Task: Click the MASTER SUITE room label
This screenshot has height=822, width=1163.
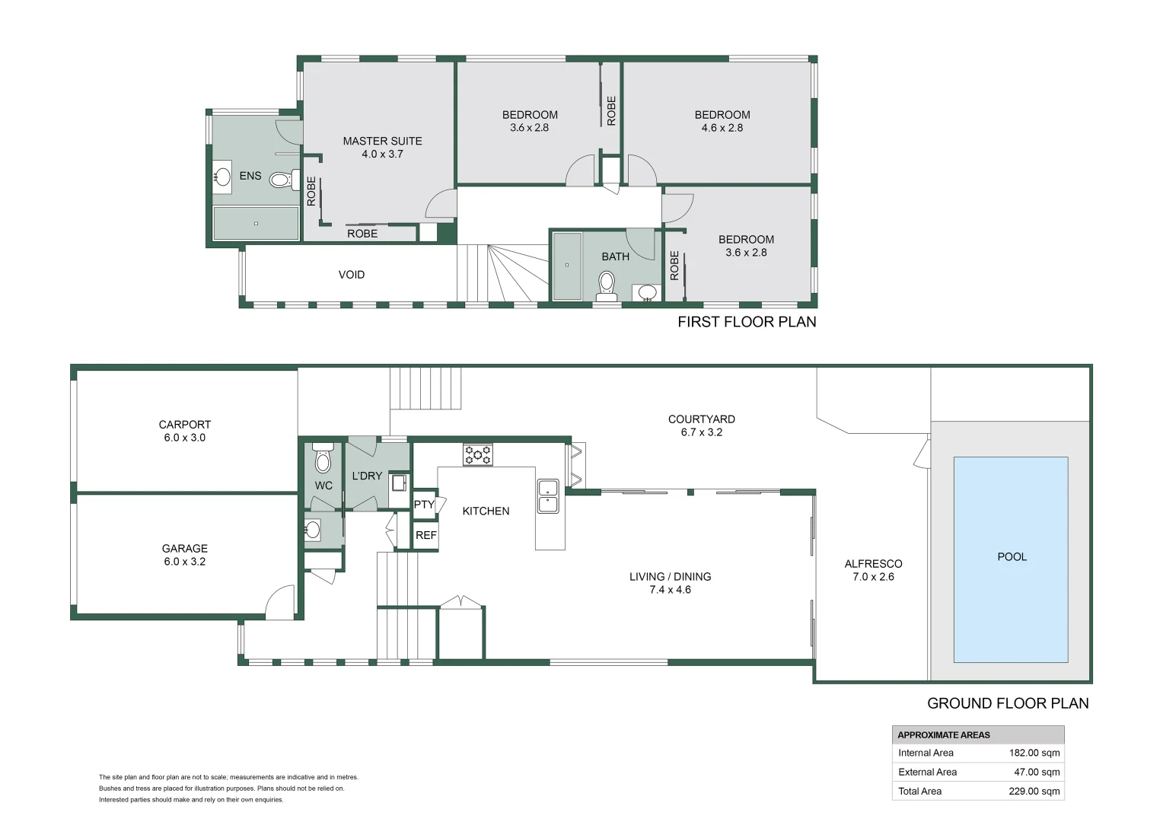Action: [x=382, y=141]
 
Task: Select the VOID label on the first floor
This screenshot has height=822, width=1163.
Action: [x=352, y=275]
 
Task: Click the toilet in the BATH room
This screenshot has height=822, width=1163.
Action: [x=607, y=286]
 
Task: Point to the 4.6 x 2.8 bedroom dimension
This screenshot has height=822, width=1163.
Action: [x=722, y=128]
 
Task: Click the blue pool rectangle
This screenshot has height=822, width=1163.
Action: [x=1011, y=559]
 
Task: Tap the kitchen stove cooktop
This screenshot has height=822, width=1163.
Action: [x=478, y=454]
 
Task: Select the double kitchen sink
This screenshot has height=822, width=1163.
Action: [x=548, y=496]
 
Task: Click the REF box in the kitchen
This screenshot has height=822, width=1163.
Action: [x=425, y=535]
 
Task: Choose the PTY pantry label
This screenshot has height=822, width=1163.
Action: [x=424, y=504]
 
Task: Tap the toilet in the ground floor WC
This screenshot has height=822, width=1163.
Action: [x=323, y=457]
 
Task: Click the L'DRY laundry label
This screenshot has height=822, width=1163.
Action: [x=367, y=476]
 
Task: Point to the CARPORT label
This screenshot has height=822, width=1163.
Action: [x=185, y=424]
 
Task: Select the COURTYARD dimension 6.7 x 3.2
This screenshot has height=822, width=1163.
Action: [x=702, y=432]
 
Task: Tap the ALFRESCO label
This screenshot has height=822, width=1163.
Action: [x=873, y=563]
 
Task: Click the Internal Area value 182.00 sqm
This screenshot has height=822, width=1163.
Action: [x=1034, y=753]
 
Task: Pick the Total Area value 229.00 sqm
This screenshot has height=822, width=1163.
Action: [x=1034, y=792]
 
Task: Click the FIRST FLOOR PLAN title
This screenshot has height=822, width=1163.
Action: [x=747, y=322]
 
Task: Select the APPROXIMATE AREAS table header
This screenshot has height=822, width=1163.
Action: [x=943, y=734]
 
